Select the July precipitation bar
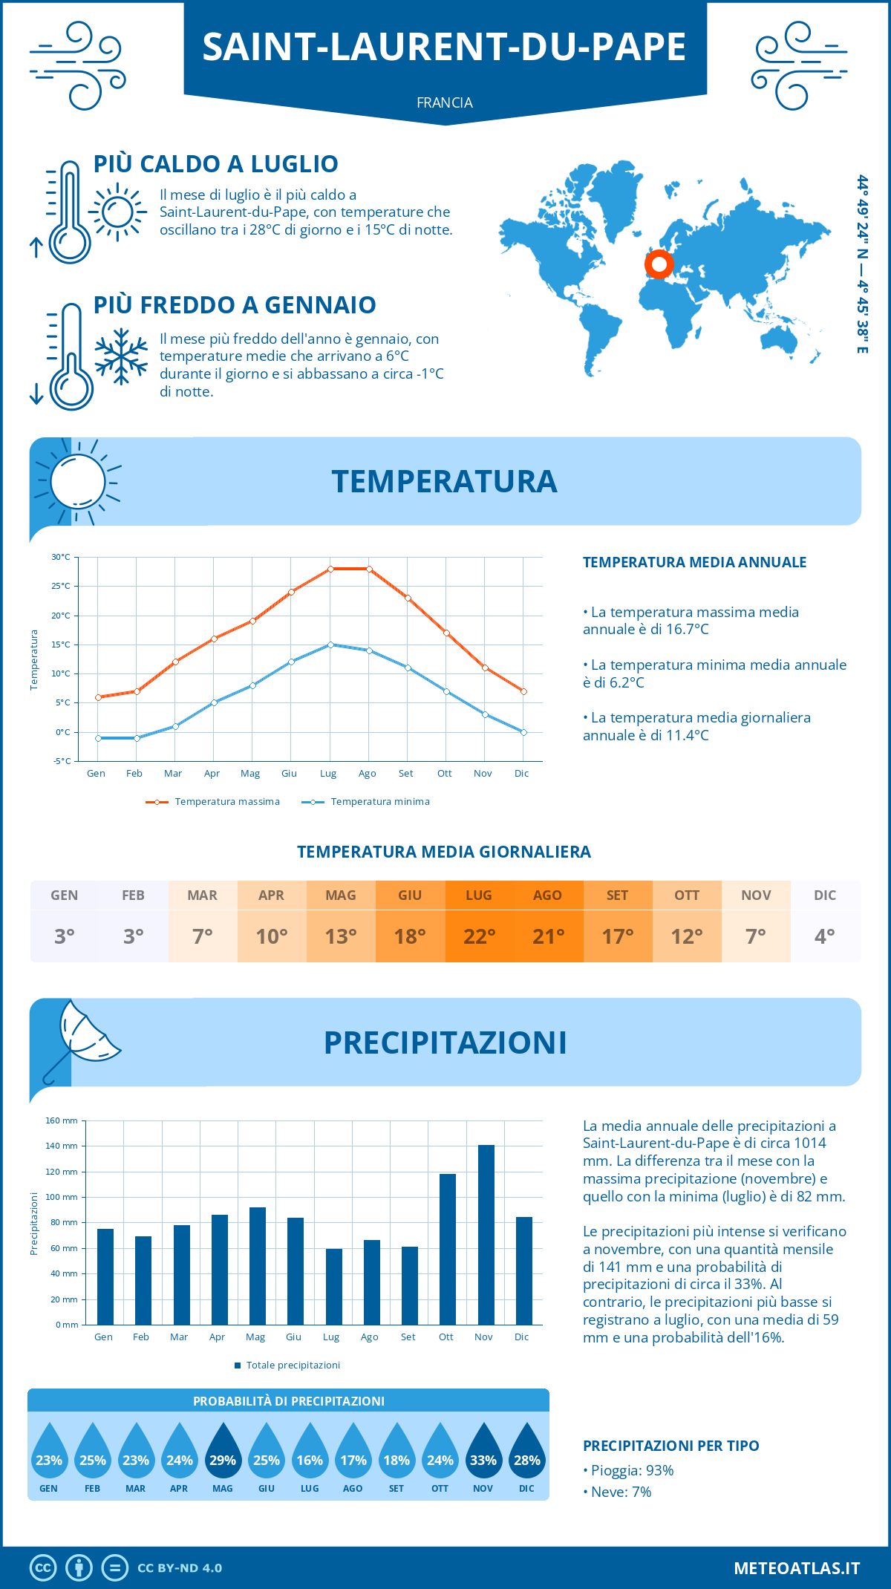333,1286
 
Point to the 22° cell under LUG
479,936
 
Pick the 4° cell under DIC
825,936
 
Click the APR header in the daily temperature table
271,895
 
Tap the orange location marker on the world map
659,264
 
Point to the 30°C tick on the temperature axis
61,557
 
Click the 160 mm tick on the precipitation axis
62,1120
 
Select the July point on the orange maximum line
330,569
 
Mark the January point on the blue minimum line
98,738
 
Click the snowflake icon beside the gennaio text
121,356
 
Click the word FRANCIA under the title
445,102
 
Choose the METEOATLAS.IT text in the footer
797,1568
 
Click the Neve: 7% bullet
617,1492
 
